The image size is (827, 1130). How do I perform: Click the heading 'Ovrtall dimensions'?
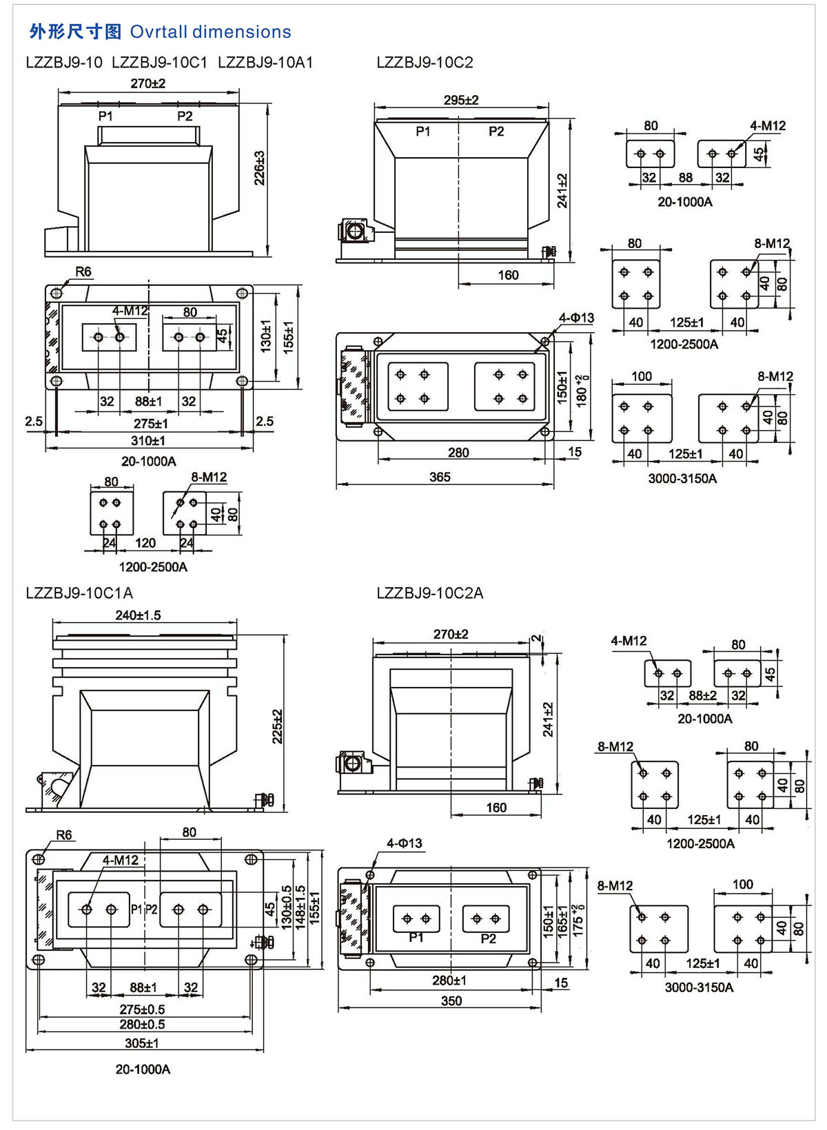[x=210, y=32]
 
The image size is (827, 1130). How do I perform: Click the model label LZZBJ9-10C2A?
[x=430, y=593]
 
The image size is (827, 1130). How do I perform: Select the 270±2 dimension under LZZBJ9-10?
[x=148, y=83]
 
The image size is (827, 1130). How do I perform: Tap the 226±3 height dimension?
[x=260, y=169]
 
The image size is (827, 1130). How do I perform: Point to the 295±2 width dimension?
[x=461, y=100]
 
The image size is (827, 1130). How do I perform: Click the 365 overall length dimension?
[x=440, y=477]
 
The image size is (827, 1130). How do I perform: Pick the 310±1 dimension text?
[x=148, y=440]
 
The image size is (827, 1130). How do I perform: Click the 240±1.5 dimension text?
[x=138, y=615]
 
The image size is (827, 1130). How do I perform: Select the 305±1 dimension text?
[x=142, y=1043]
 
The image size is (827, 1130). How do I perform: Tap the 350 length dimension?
[x=451, y=1000]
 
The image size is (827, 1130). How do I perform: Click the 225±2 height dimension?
[x=278, y=726]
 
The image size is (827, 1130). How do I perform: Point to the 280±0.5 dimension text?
[x=142, y=1024]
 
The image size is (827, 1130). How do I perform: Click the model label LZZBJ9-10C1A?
[x=79, y=593]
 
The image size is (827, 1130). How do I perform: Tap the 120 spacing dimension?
[x=145, y=543]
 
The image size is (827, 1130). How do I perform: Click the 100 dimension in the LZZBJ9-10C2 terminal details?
[x=642, y=376]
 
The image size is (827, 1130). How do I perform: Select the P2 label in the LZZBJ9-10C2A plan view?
[x=489, y=938]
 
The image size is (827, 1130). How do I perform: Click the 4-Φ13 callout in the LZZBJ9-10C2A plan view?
[x=404, y=843]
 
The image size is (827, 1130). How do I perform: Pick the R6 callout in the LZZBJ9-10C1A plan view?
[x=64, y=835]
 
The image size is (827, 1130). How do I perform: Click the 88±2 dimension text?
[x=702, y=695]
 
